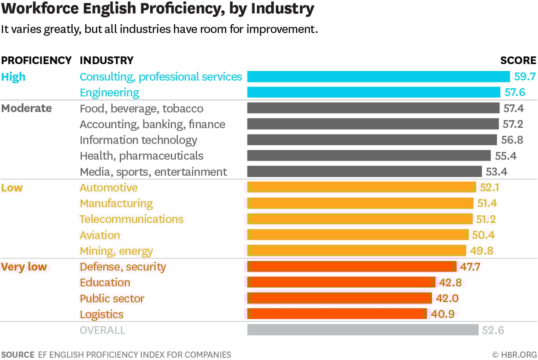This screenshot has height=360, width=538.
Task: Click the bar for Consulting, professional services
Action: [378, 77]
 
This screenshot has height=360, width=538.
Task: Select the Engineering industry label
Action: [109, 93]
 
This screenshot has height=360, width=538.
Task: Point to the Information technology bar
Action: [372, 140]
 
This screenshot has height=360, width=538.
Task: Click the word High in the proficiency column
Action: [13, 77]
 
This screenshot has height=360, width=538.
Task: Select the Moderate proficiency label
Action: [26, 108]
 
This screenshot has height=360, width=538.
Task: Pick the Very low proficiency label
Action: [24, 267]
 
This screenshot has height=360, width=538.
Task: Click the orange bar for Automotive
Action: [361, 187]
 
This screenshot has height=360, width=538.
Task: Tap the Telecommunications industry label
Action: [131, 219]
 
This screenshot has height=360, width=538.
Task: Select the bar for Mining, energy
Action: [357, 251]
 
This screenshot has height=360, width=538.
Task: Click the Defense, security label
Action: [123, 267]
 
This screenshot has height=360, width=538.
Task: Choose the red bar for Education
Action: [341, 282]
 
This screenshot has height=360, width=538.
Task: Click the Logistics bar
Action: [337, 314]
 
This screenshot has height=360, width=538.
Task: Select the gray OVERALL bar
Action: [363, 330]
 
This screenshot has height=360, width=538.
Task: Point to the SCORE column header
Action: [518, 61]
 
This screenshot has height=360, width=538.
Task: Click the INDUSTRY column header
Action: [106, 61]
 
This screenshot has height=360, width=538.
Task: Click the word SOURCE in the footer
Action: [17, 355]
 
